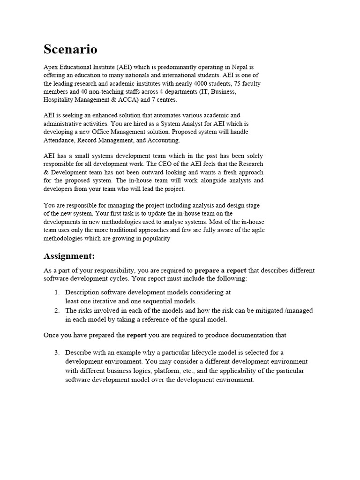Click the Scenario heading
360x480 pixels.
click(70, 49)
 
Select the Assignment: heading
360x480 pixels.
click(69, 256)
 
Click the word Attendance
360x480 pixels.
click(60, 140)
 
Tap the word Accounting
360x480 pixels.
click(163, 140)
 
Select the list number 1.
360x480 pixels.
click(57, 292)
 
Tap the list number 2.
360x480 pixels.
click(57, 311)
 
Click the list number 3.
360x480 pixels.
click(57, 352)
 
